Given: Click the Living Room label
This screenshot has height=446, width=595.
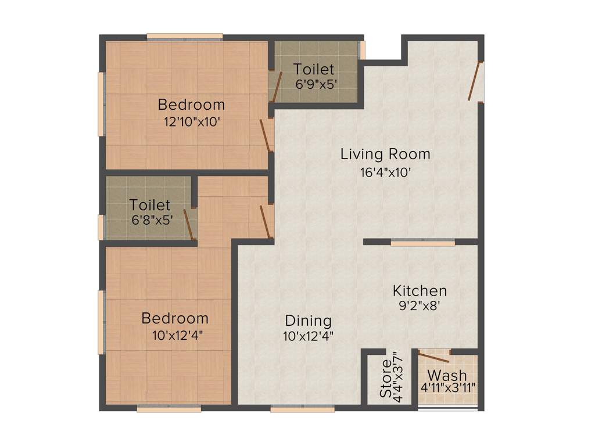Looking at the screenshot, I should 385,154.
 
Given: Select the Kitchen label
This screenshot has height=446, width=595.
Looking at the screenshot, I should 420,290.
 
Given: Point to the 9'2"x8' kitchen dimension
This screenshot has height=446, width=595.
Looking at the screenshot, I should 420,307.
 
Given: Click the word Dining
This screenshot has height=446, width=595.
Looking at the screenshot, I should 308,321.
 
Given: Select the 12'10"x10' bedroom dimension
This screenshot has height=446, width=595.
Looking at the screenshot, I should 191,123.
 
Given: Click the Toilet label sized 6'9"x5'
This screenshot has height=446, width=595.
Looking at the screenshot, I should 314,69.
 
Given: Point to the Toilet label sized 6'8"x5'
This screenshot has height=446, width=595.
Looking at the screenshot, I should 150,205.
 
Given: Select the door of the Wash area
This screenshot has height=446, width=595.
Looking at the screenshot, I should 432,357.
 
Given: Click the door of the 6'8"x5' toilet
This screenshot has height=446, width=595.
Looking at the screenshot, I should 189,224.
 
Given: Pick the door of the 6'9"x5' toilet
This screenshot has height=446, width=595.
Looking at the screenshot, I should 277,87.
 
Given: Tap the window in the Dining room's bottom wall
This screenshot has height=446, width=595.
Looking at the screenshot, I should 302,409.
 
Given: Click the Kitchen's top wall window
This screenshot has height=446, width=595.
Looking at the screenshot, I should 422,243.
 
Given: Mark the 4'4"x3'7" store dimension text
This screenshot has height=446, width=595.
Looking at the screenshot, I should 397,375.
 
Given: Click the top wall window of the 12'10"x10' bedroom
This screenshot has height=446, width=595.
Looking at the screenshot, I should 184,37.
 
